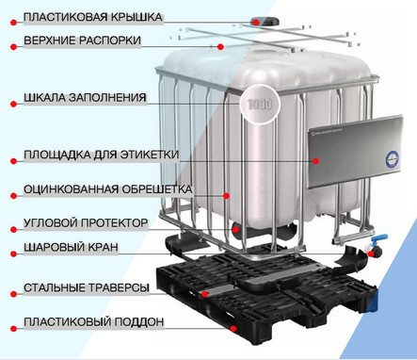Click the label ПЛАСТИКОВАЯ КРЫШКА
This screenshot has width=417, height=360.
93,17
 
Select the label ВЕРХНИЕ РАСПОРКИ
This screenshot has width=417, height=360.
82,41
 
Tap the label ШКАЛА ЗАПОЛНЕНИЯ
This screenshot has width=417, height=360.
85,97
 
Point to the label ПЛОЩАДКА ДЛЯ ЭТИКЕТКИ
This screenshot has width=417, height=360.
102,155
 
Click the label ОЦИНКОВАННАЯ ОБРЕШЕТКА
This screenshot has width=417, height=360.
108,189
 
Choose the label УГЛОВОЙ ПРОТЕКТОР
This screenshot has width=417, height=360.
86,223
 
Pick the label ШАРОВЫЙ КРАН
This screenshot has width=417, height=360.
71,247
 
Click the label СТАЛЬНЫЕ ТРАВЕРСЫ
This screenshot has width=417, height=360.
87,287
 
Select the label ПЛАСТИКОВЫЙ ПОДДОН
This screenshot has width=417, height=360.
94,322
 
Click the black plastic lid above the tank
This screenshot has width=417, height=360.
265,22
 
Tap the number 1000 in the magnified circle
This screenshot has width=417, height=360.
260,104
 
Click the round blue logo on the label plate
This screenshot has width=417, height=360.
393,158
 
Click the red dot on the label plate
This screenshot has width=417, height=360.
315,161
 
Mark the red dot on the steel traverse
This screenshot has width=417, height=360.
204,294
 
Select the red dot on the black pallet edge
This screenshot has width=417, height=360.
233,329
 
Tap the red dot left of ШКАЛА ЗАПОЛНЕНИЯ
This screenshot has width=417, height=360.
13,104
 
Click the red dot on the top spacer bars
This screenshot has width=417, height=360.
220,47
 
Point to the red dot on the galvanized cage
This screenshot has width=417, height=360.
226,196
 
